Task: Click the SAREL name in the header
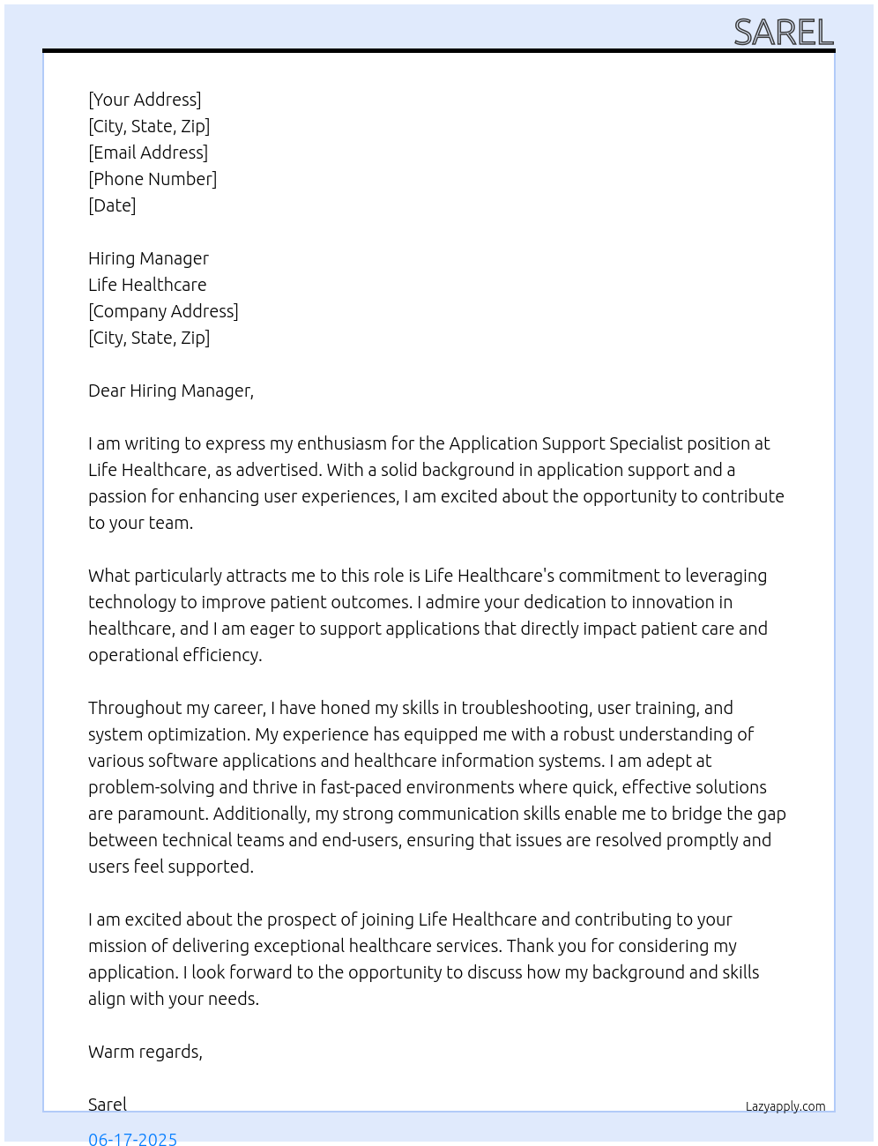(783, 33)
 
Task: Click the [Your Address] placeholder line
(145, 100)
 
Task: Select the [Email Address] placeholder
(148, 153)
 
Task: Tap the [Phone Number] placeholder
(153, 179)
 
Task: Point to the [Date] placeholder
(112, 205)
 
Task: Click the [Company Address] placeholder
(163, 311)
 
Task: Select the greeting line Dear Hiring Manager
(170, 391)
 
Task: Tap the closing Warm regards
(145, 1052)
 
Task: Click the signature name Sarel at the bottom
(108, 1105)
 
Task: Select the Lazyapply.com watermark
(785, 1106)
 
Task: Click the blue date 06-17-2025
(132, 1138)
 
